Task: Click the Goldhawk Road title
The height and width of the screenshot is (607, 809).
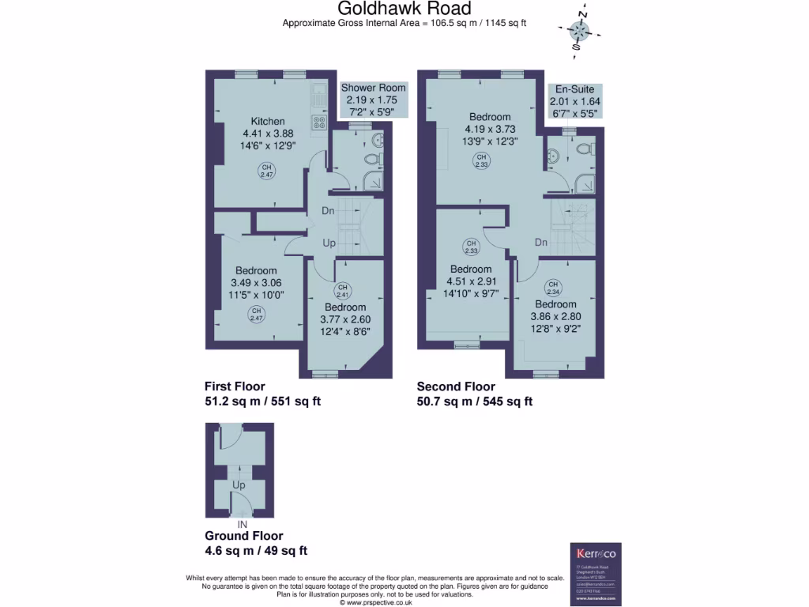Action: pyautogui.click(x=404, y=9)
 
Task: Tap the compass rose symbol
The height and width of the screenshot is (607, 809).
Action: pyautogui.click(x=580, y=32)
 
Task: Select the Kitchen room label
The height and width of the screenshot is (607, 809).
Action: pyautogui.click(x=268, y=121)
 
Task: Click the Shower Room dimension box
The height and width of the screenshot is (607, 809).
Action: pyautogui.click(x=373, y=100)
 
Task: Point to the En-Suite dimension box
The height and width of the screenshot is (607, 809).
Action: pyautogui.click(x=574, y=101)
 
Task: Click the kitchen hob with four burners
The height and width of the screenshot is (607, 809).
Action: pyautogui.click(x=320, y=123)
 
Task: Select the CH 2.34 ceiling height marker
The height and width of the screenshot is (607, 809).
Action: pyautogui.click(x=553, y=288)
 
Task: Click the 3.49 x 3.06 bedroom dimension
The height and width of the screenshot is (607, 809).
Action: pyautogui.click(x=256, y=283)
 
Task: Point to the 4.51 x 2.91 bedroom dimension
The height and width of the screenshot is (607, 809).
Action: pyautogui.click(x=471, y=281)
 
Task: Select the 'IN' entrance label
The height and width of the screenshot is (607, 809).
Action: pyautogui.click(x=242, y=524)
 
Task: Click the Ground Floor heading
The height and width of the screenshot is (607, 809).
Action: pyautogui.click(x=243, y=536)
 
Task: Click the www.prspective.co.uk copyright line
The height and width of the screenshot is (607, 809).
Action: pyautogui.click(x=376, y=601)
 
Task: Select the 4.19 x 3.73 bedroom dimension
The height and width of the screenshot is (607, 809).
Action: pyautogui.click(x=489, y=130)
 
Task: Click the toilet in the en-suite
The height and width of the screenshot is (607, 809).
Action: pyautogui.click(x=585, y=149)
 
